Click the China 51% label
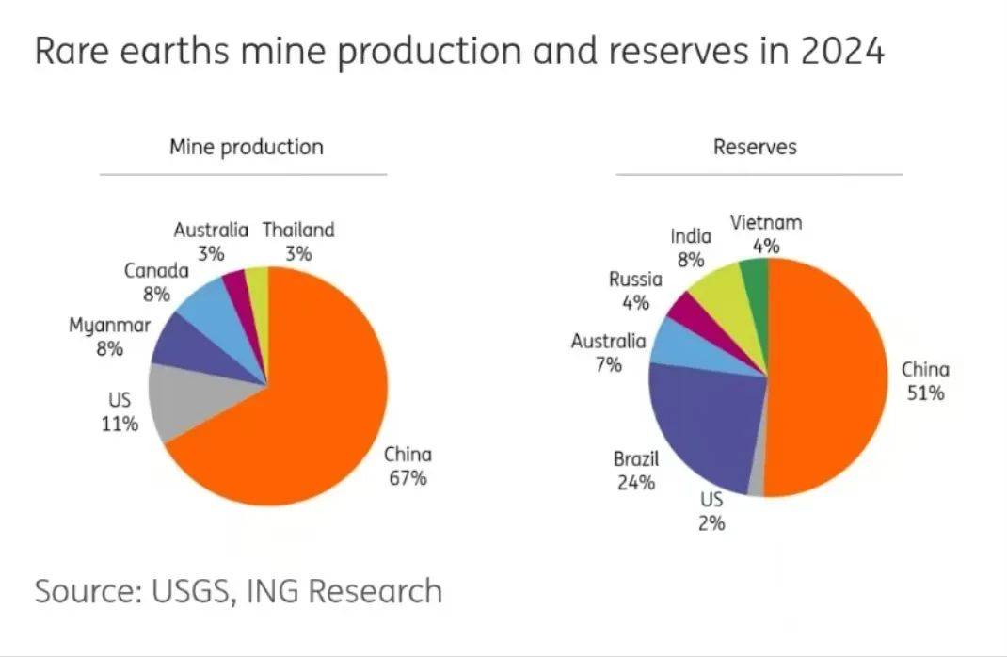point(925,381)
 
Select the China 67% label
point(408,466)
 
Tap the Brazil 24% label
point(636,471)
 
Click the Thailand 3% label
point(298,241)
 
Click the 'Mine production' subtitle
point(246,147)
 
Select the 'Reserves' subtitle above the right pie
point(755,147)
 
